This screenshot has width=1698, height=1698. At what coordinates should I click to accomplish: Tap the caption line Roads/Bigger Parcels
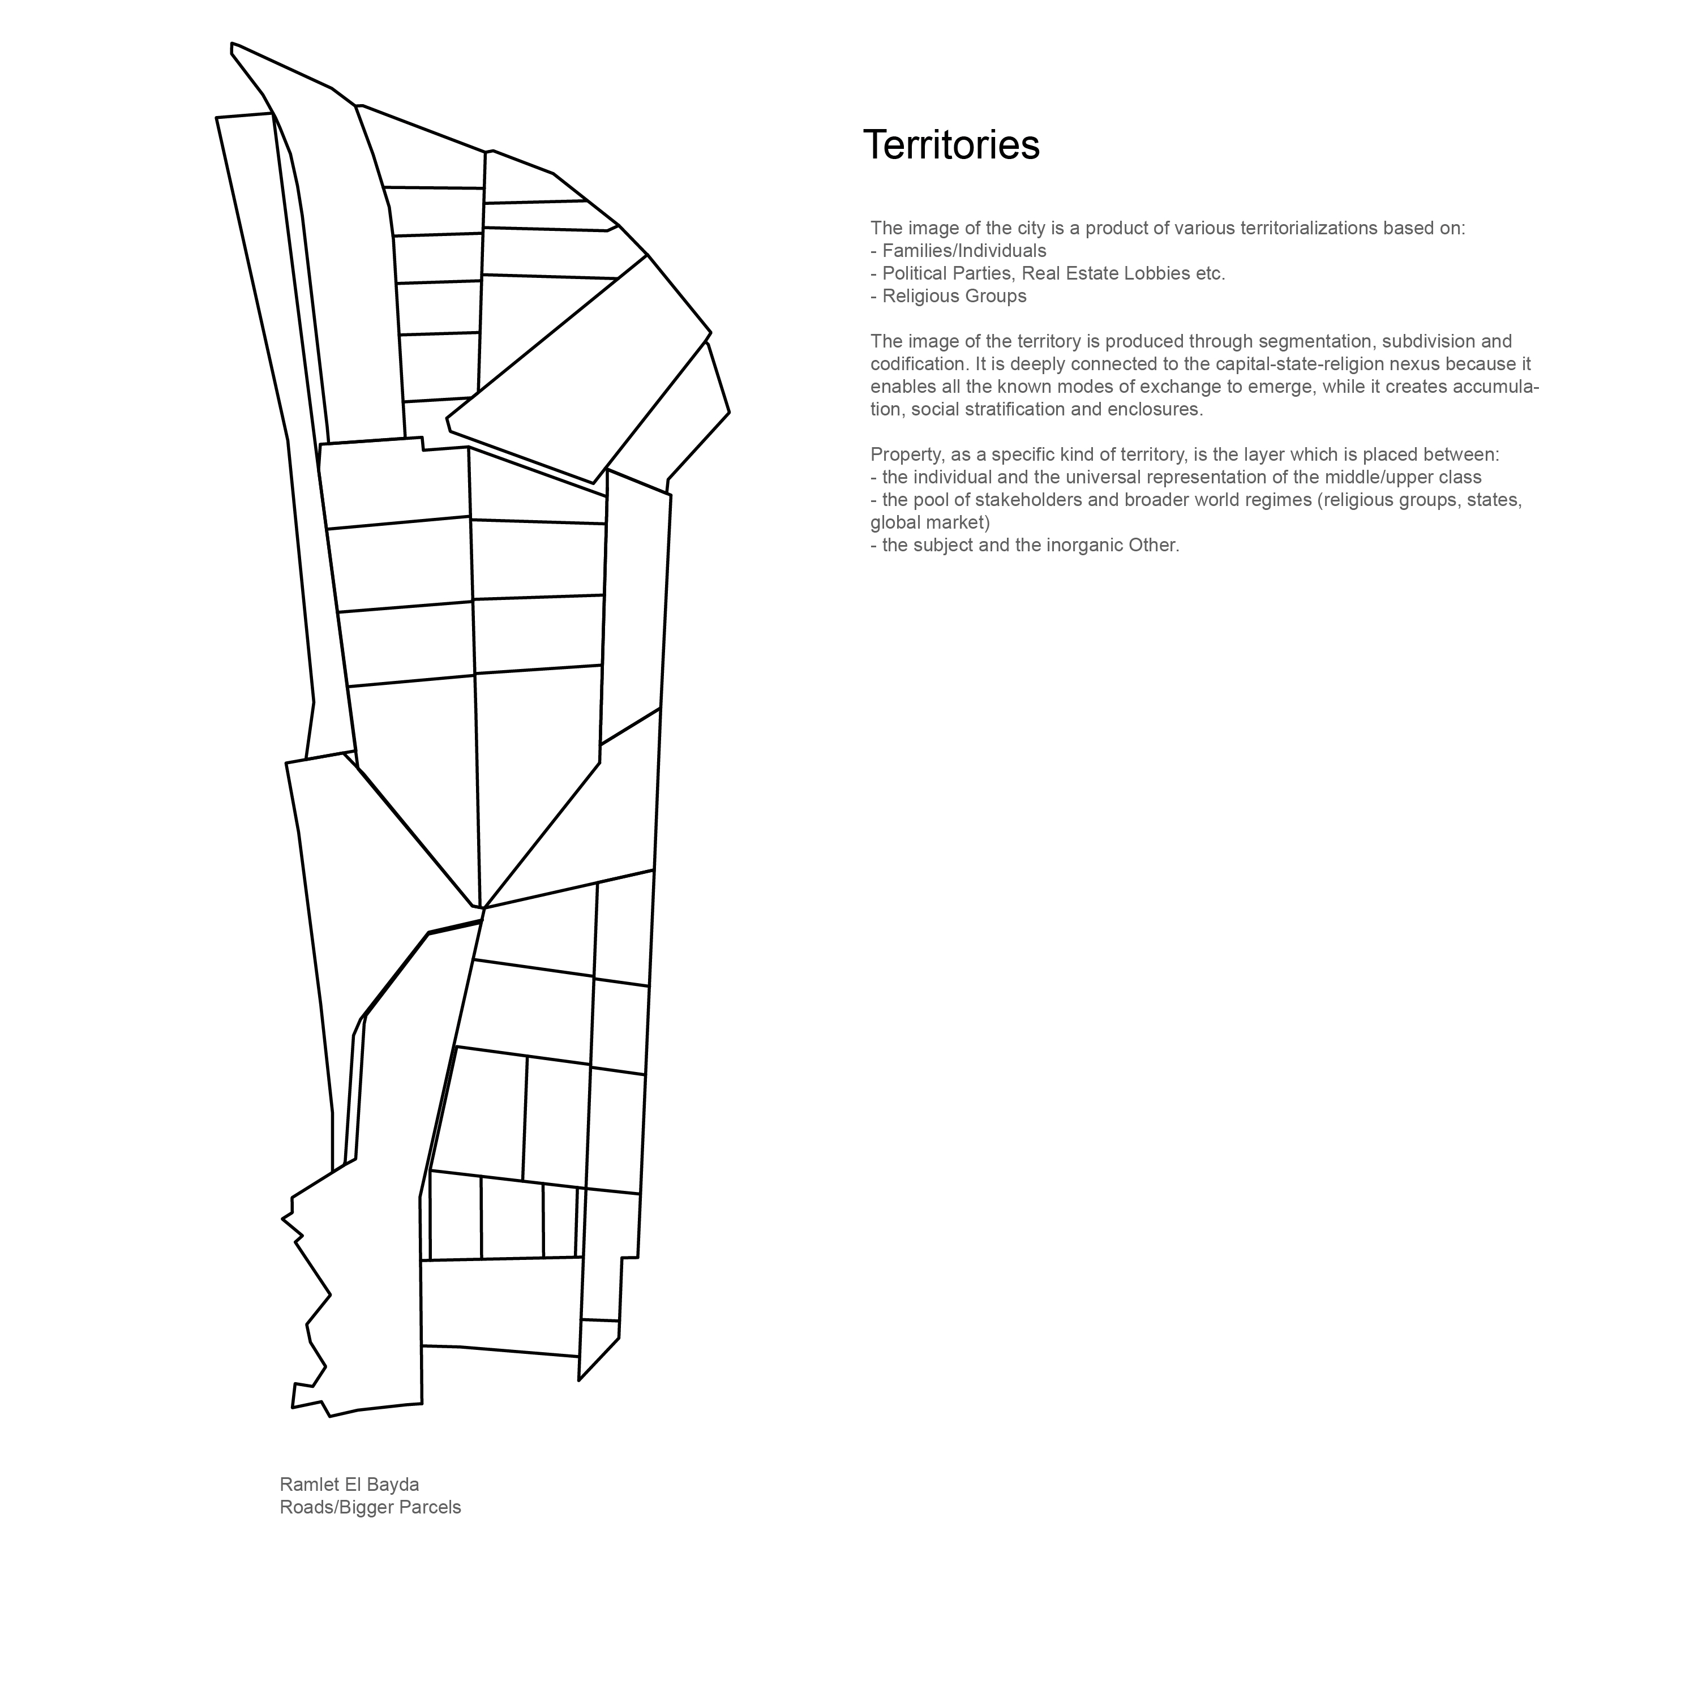[x=370, y=1507]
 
